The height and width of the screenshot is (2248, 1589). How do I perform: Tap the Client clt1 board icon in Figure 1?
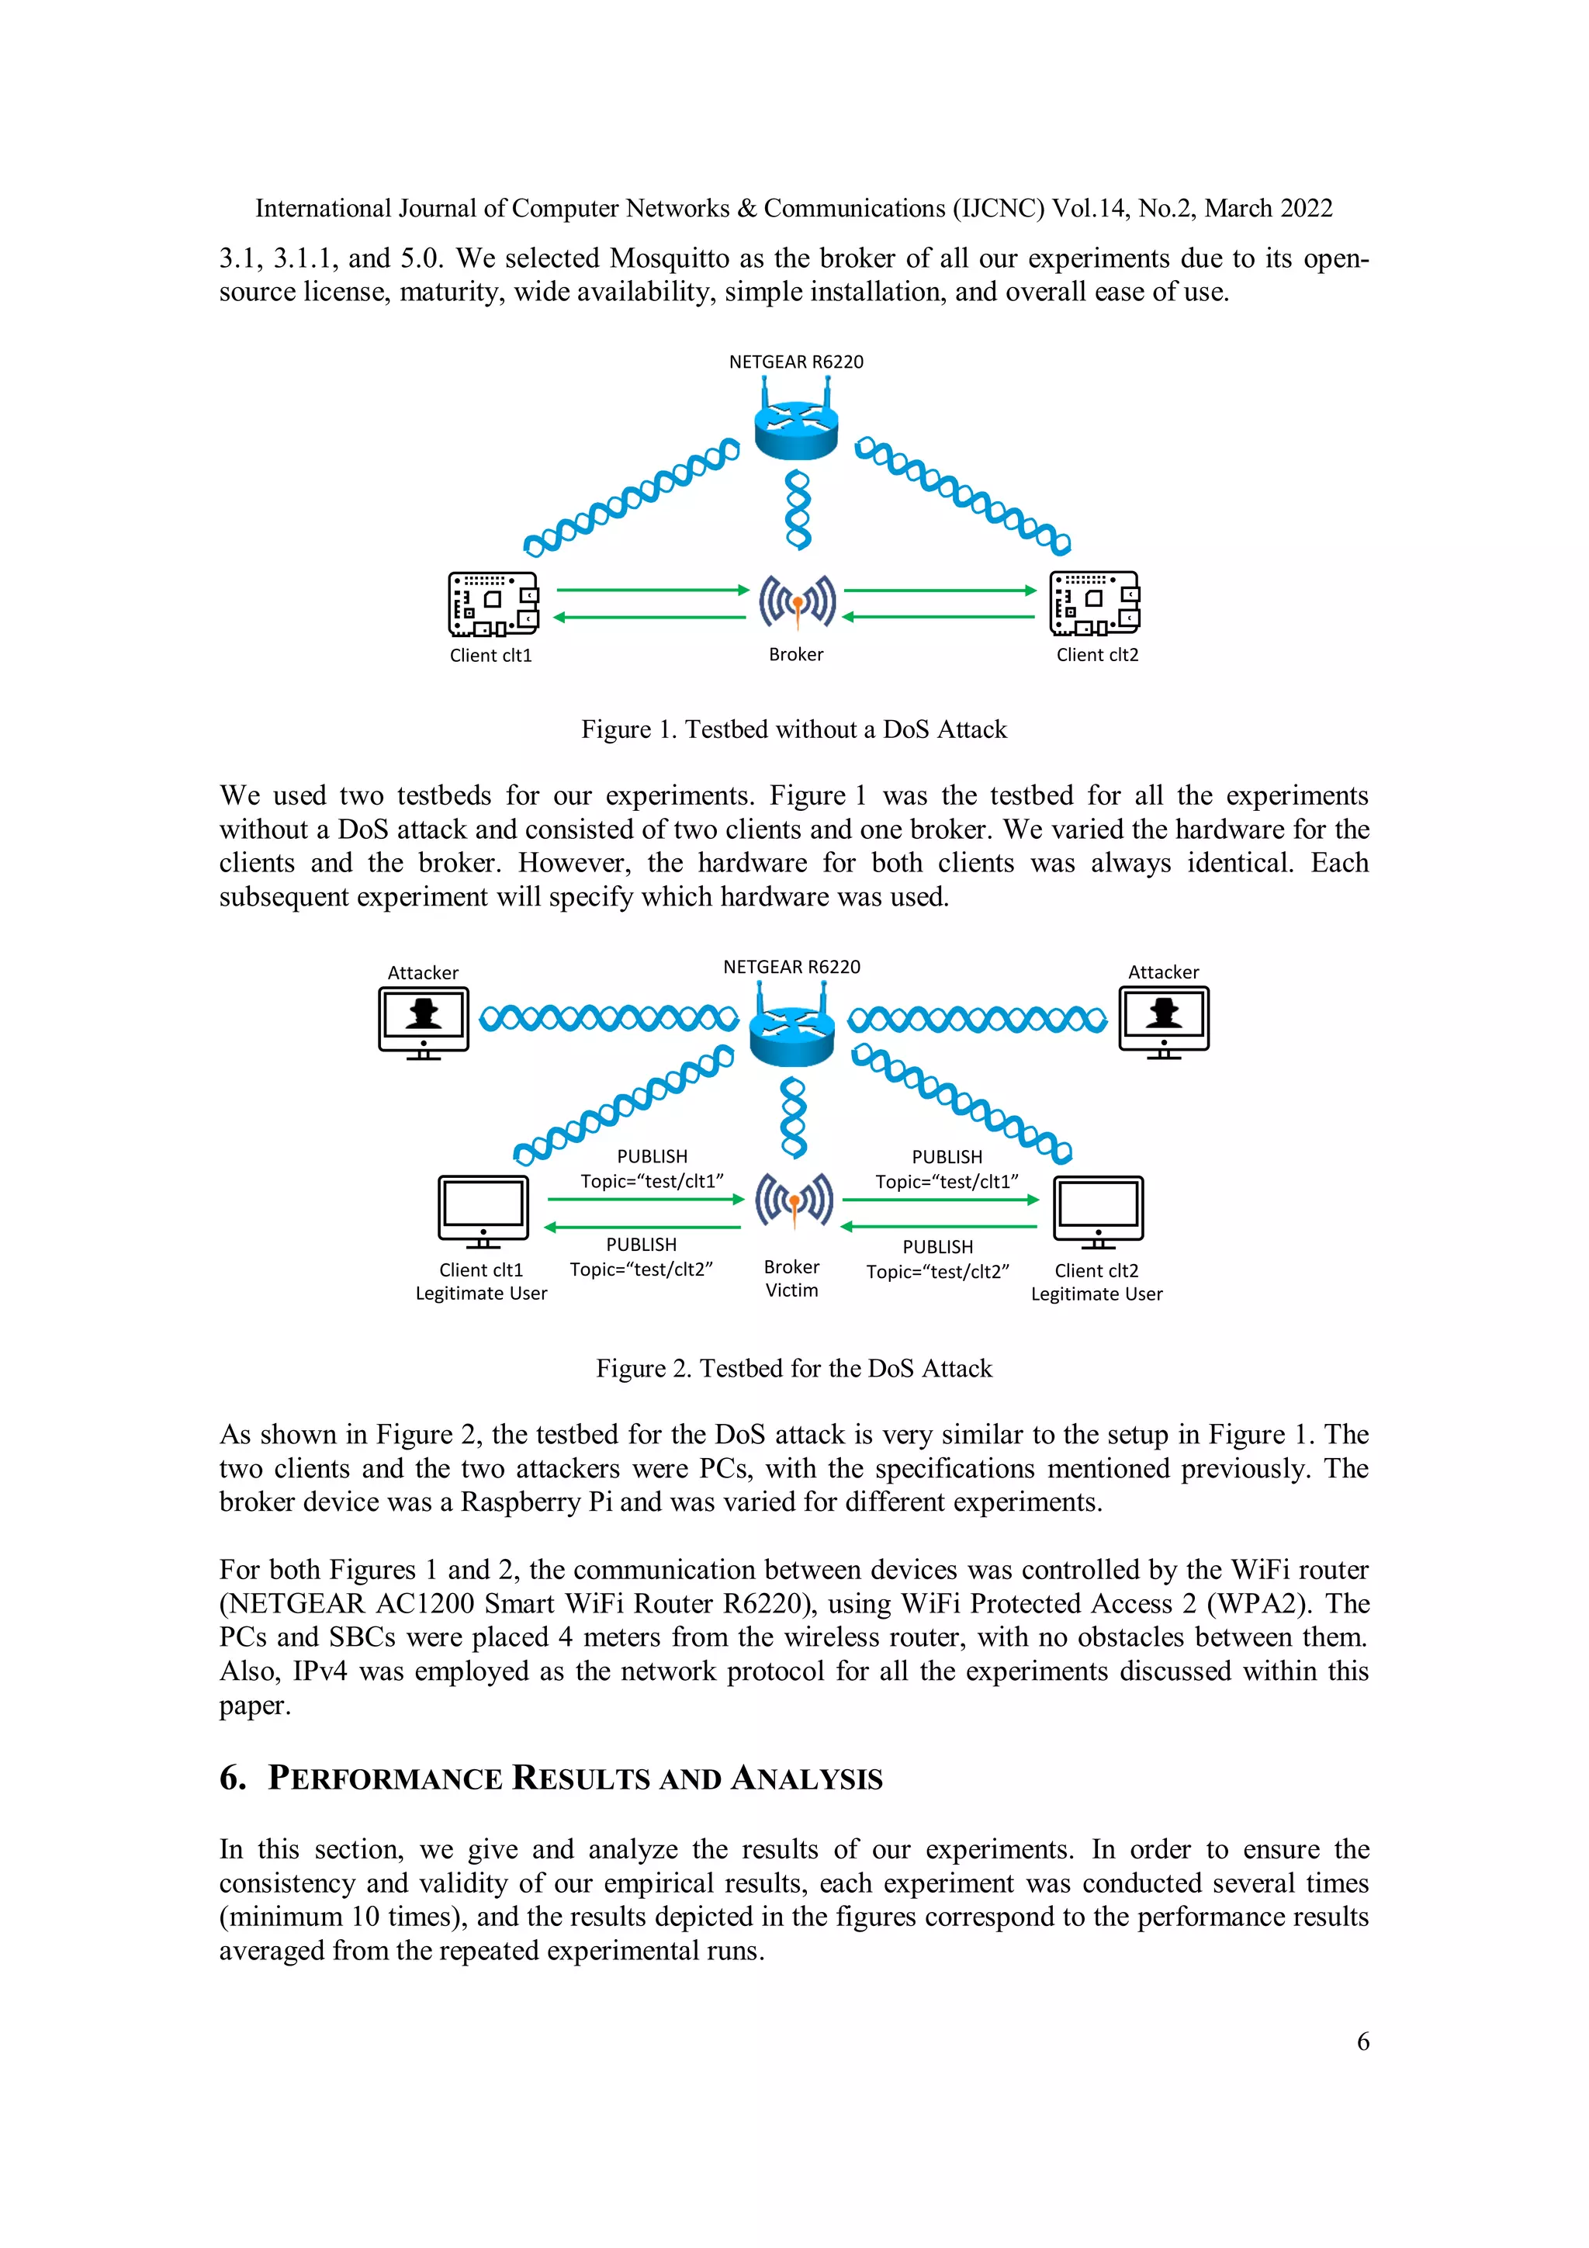click(493, 603)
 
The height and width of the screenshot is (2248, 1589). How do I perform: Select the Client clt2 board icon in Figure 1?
click(1095, 603)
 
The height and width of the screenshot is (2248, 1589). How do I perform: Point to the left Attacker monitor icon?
click(423, 1021)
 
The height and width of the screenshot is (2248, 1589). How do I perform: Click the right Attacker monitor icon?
click(1163, 1021)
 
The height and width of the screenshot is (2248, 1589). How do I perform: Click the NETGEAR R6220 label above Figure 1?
click(796, 362)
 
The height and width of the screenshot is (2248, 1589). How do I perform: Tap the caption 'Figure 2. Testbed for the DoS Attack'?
click(794, 1368)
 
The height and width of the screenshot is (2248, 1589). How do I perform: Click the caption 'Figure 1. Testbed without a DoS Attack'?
click(794, 729)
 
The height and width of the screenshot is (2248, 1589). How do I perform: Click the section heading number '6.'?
click(233, 1778)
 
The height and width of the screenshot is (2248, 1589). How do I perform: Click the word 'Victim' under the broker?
click(791, 1290)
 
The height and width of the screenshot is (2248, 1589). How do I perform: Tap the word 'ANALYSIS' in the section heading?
click(807, 1779)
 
